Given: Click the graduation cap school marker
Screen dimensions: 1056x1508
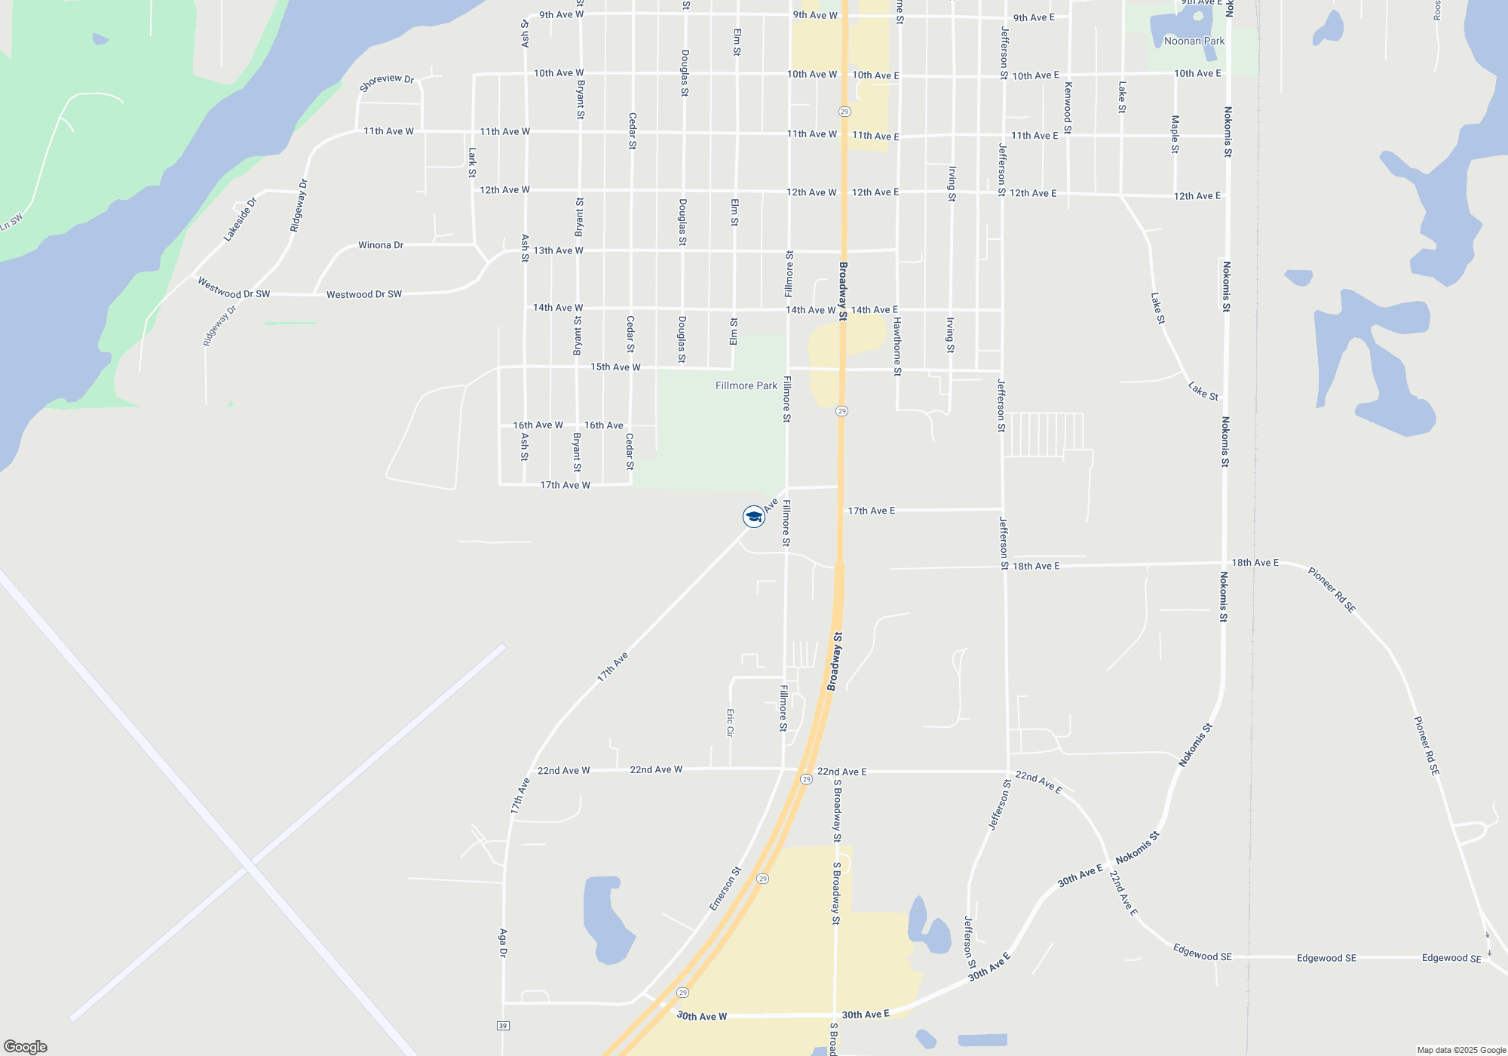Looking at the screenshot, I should (753, 517).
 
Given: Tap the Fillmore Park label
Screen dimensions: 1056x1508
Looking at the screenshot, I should (746, 385).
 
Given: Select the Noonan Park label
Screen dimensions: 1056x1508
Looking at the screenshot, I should (1194, 41).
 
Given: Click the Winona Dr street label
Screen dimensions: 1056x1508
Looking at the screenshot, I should (381, 245).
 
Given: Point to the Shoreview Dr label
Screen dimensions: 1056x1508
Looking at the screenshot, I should (387, 82).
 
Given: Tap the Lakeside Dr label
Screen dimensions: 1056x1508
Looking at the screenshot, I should (240, 219).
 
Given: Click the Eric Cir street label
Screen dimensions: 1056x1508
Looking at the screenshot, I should (730, 722).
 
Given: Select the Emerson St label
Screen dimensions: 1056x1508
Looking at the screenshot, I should (725, 888).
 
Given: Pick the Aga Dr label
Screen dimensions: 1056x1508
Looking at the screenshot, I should (503, 942).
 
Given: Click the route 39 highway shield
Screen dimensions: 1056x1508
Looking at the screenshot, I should (503, 1026).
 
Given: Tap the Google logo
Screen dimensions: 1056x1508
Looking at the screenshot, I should (26, 1046).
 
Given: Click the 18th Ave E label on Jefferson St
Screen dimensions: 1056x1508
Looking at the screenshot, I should (1035, 566).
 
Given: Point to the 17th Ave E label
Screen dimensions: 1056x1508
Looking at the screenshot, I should (871, 511).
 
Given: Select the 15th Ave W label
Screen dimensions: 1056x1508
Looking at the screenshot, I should (615, 367).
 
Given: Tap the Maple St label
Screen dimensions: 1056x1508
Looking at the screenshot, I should (1175, 134).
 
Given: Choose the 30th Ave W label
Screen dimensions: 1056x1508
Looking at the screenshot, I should (701, 1016).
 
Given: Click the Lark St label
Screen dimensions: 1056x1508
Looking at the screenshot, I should (472, 162).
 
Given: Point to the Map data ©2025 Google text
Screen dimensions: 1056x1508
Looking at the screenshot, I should (1461, 1050).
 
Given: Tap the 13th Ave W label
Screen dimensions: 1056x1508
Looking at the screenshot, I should (558, 250).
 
